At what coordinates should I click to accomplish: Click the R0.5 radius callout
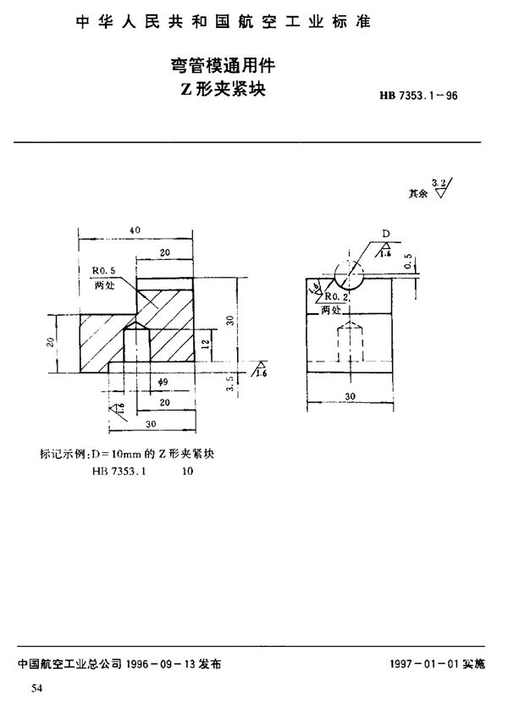point(103,271)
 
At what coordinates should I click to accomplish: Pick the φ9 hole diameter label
point(165,383)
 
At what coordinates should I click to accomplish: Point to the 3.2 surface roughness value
point(438,182)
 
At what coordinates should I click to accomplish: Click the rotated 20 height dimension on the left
point(50,342)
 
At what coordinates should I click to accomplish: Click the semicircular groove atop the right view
point(349,276)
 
